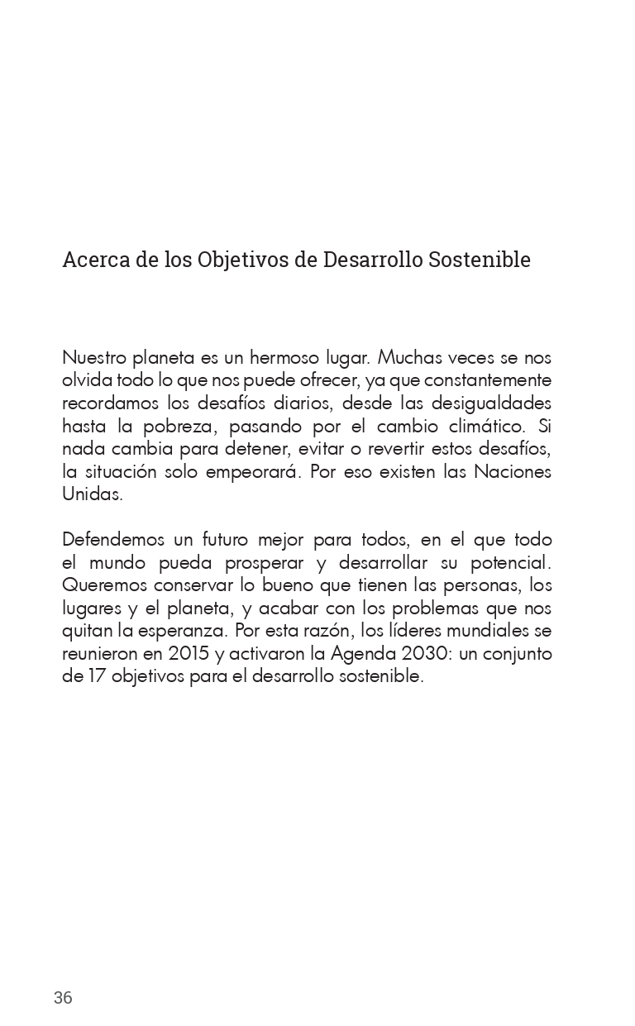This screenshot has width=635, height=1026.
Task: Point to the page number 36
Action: (x=63, y=998)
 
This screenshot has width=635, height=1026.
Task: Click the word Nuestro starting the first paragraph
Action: (x=93, y=358)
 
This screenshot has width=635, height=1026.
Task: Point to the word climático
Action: (x=481, y=427)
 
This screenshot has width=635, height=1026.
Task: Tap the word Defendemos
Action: (x=115, y=540)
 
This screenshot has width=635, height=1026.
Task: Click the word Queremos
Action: (x=104, y=585)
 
